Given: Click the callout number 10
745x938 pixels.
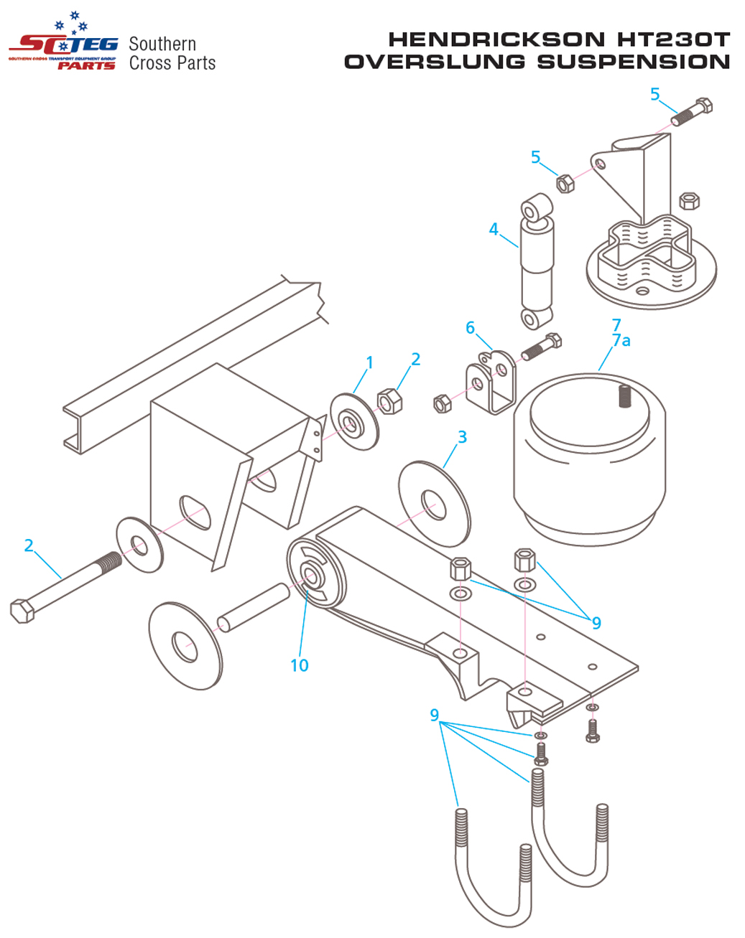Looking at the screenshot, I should tap(300, 665).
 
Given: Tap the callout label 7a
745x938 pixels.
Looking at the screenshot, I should tap(621, 340).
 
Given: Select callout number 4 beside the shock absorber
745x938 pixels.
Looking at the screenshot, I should tap(493, 229).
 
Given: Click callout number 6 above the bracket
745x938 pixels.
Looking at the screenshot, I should tap(470, 328).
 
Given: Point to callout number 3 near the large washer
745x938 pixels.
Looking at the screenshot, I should tap(462, 436).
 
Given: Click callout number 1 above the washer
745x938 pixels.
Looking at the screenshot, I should tap(369, 362).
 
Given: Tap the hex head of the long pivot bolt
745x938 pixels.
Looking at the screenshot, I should tap(22, 611).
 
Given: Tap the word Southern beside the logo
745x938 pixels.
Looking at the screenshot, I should tap(162, 44).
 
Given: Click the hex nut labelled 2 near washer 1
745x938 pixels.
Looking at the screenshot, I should tap(389, 401).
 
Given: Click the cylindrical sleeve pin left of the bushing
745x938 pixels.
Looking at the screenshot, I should tap(254, 608).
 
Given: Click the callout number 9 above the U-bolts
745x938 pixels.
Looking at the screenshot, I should tap(435, 715).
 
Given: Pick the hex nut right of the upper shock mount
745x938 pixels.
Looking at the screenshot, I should tap(689, 200).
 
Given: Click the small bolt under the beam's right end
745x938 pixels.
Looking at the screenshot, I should tap(593, 731).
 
